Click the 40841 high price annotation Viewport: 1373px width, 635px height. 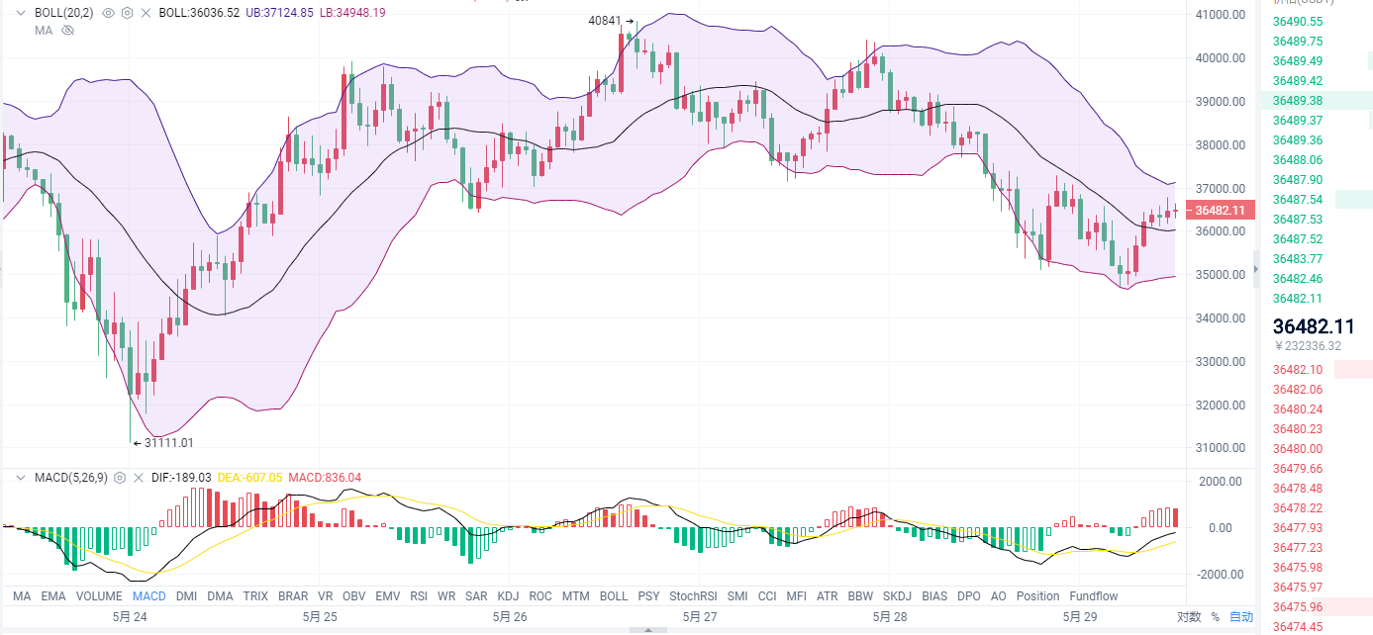605,21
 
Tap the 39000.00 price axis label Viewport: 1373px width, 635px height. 1220,102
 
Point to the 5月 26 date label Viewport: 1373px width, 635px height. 510,617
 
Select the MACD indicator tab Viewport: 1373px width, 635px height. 149,596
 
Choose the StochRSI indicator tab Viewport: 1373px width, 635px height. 693,596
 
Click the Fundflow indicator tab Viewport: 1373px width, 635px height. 1094,596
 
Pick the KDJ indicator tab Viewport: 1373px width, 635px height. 508,596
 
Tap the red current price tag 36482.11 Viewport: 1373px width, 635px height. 1220,210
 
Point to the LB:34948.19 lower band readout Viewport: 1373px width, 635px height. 352,13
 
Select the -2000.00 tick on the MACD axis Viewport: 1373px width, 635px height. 1220,575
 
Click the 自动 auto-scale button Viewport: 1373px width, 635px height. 1240,617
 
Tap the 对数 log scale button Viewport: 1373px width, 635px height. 1189,617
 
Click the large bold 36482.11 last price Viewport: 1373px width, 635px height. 1314,326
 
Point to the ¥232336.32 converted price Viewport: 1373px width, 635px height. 1308,346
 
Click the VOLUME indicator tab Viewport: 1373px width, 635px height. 99,596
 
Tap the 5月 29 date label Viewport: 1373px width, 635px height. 1080,617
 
